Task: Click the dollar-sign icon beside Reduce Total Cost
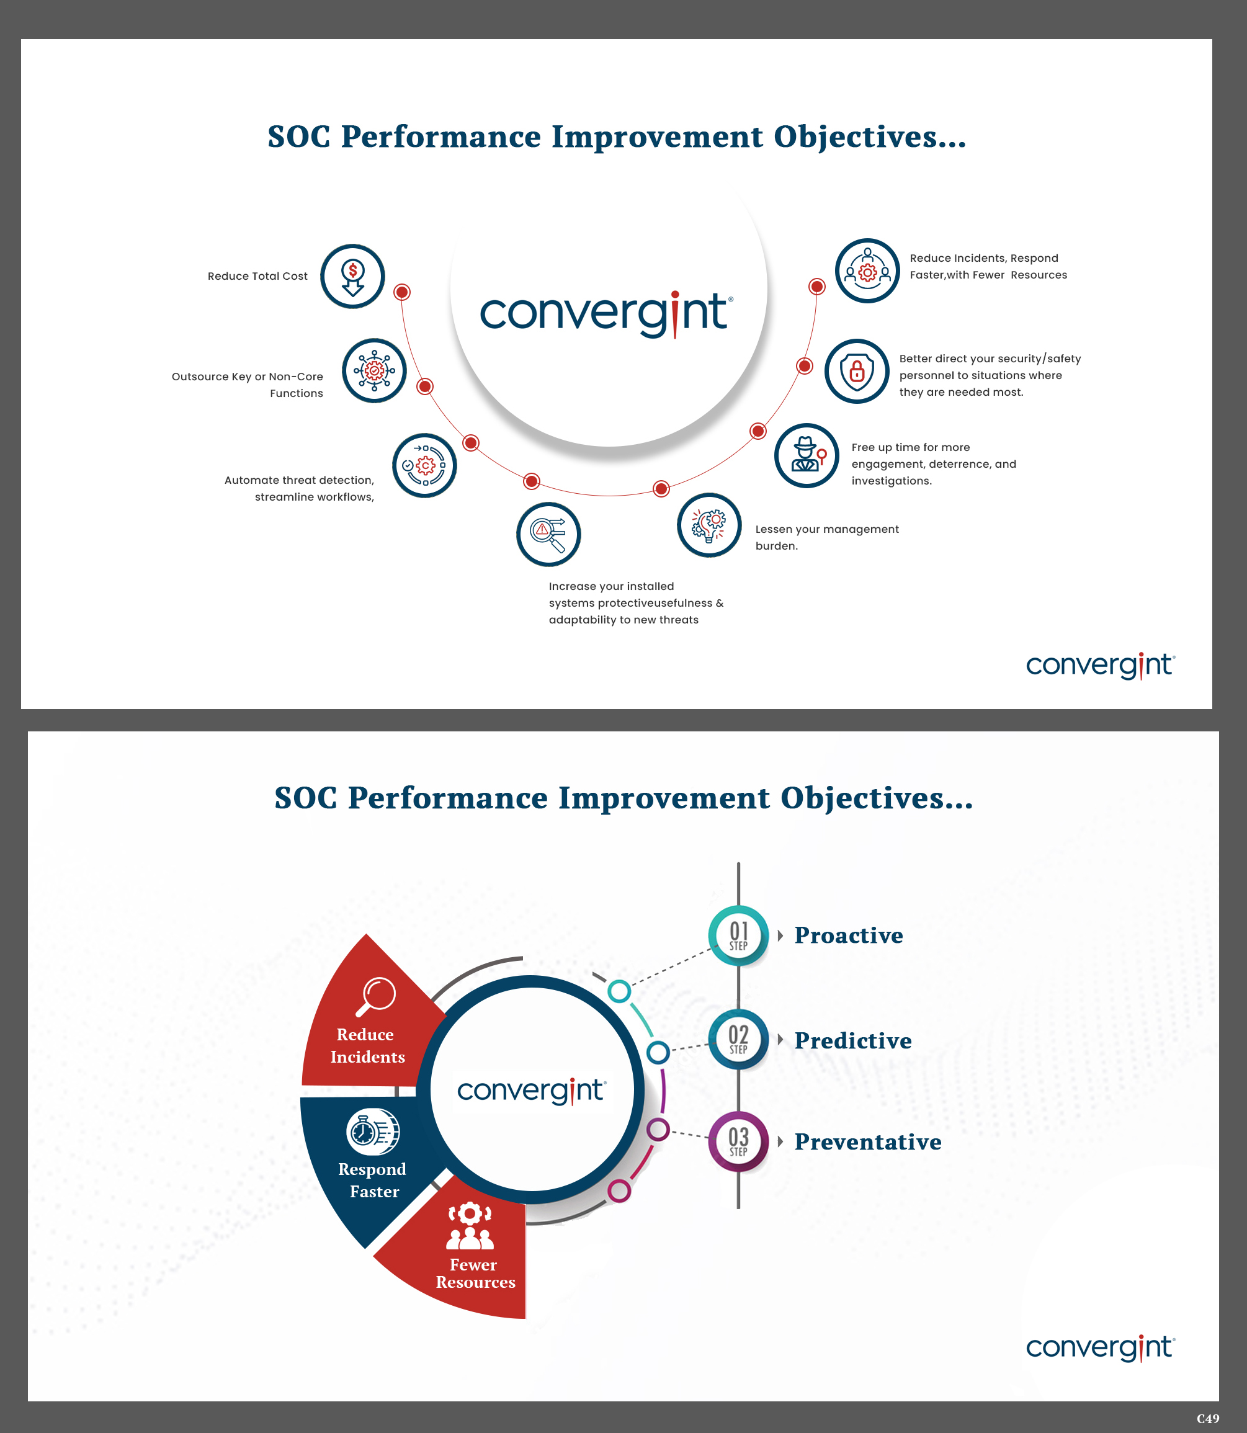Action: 353,276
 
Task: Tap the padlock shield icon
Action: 857,372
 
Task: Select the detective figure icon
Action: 807,455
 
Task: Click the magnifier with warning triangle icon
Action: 548,534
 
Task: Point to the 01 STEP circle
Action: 738,935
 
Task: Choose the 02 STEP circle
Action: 738,1038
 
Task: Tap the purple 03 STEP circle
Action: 738,1141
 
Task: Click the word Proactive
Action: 848,935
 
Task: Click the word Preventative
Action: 868,1141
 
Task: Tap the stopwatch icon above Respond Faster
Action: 372,1131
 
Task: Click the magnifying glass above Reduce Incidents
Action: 376,996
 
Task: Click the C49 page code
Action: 1207,1417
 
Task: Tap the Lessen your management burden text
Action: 827,537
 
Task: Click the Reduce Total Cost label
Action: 257,276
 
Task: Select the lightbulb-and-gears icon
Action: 709,525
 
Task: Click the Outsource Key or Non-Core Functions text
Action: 248,385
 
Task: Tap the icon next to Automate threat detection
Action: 424,465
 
